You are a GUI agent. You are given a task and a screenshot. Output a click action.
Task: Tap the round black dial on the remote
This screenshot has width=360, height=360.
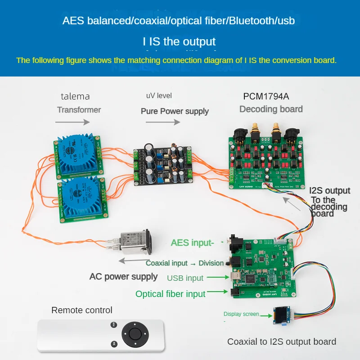click(x=134, y=334)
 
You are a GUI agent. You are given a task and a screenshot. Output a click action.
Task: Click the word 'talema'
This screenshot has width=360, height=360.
click(x=75, y=96)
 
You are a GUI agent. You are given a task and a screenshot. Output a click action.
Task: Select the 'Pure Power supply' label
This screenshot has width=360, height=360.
click(x=175, y=111)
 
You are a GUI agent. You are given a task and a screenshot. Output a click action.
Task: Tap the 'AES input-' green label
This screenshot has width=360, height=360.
click(x=191, y=243)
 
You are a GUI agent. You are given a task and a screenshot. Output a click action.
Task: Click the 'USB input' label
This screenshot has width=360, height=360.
click(x=185, y=278)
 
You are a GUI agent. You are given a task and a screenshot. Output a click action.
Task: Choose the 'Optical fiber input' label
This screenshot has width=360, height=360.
click(x=171, y=294)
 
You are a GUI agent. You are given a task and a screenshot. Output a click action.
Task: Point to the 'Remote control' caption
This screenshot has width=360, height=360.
click(x=82, y=310)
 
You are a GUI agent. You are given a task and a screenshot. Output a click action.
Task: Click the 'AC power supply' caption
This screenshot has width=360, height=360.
click(x=123, y=276)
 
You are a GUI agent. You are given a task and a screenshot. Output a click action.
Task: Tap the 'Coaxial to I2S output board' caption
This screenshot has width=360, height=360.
click(x=282, y=342)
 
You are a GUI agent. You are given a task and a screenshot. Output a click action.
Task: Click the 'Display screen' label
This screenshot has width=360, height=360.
click(x=241, y=314)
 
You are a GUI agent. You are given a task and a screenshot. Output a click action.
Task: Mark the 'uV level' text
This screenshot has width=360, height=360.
click(x=159, y=96)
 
